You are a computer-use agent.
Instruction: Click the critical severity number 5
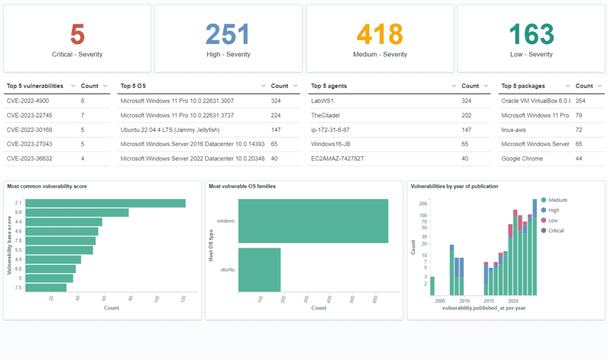click(x=77, y=34)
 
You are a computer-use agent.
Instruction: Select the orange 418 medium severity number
click(x=380, y=34)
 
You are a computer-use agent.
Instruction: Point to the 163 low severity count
click(x=532, y=34)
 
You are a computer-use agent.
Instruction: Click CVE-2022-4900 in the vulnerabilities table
click(x=28, y=102)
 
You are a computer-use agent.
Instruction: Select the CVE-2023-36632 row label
click(x=29, y=159)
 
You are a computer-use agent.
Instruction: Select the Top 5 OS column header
click(x=133, y=86)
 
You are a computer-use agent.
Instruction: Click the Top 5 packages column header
click(x=523, y=86)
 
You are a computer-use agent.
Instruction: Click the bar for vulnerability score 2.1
click(x=106, y=203)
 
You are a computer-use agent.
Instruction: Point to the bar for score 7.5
click(x=46, y=288)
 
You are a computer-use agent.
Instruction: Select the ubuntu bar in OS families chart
click(x=259, y=270)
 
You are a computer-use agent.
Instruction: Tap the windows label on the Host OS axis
click(x=226, y=221)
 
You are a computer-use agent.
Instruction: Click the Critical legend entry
click(x=556, y=230)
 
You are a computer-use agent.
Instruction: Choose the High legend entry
click(x=553, y=210)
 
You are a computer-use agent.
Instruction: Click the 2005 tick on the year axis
click(x=440, y=301)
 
